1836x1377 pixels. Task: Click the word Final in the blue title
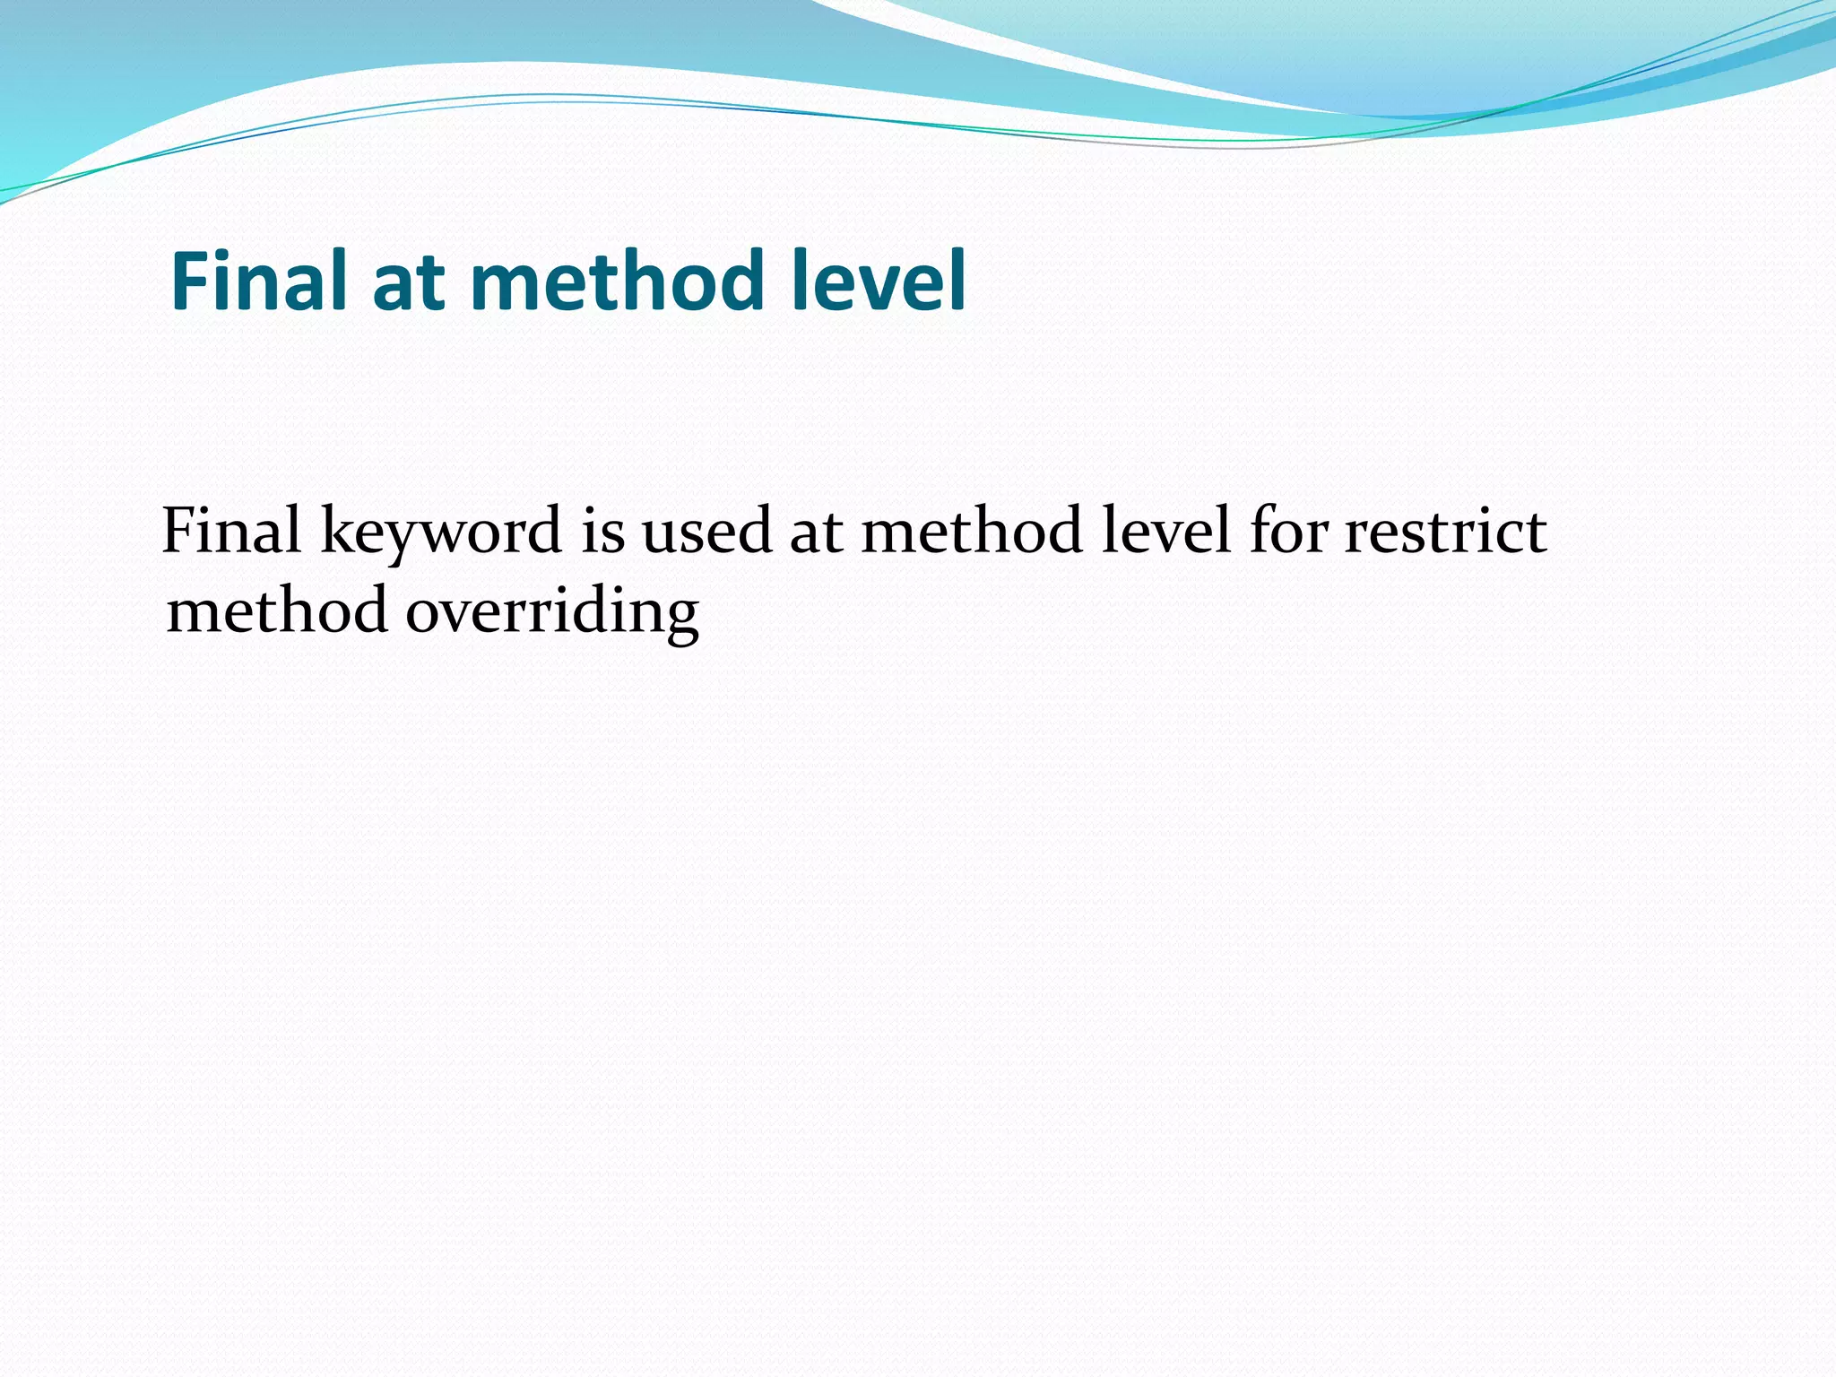262,281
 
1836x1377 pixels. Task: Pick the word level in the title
879,281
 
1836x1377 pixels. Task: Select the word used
706,531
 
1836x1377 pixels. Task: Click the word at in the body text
816,533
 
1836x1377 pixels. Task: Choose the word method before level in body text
972,531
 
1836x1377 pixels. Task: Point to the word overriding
552,613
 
